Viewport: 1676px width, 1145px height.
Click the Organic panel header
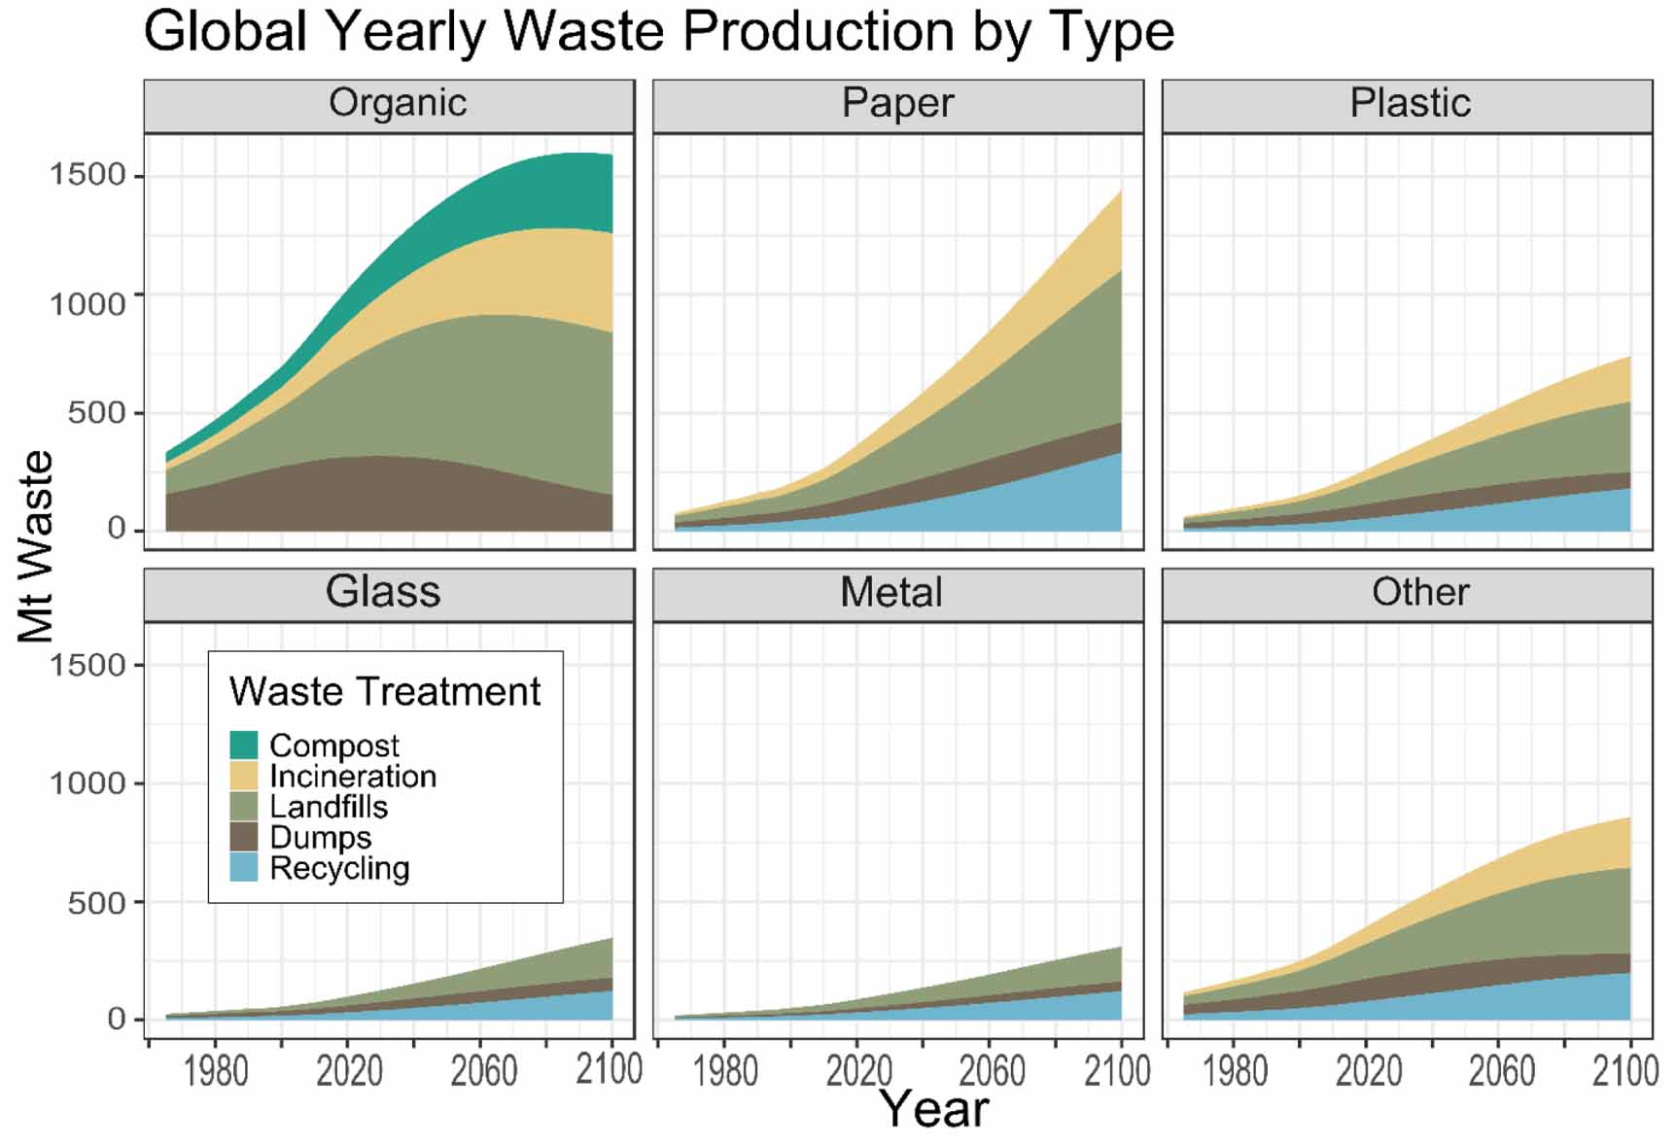click(x=397, y=103)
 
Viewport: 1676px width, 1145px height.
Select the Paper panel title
click(x=896, y=103)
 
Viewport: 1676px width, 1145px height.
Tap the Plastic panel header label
click(x=1409, y=103)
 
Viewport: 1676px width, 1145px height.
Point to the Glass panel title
click(x=382, y=592)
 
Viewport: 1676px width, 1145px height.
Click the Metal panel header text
click(x=890, y=592)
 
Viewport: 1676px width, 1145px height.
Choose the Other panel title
click(x=1419, y=592)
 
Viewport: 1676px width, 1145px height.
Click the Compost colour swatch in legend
click(x=244, y=746)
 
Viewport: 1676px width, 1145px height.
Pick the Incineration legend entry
click(x=352, y=777)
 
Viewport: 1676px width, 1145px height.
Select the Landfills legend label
click(x=328, y=807)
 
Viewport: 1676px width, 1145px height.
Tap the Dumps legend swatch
click(x=244, y=837)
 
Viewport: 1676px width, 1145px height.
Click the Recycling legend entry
click(x=338, y=868)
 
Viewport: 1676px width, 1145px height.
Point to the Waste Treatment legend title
click(x=384, y=692)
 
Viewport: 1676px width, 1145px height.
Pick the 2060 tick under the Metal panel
click(x=992, y=1071)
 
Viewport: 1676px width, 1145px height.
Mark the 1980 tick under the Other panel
click(x=1235, y=1071)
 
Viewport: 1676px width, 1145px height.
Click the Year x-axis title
click(x=933, y=1110)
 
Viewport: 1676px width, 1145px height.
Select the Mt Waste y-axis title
click(x=36, y=546)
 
